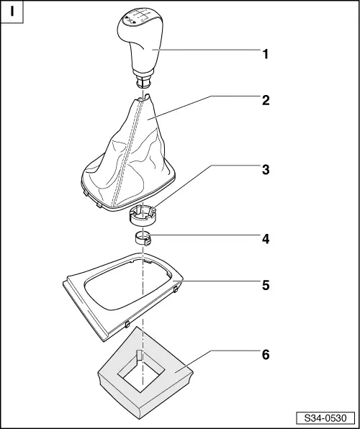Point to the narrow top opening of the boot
point(143,98)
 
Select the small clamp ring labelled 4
point(143,238)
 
